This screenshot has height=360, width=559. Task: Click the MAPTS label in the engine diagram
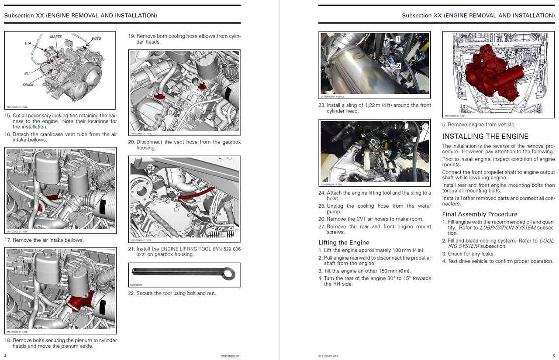(56, 37)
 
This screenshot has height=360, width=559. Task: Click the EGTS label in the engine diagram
(97, 38)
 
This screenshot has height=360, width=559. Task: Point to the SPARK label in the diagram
(28, 85)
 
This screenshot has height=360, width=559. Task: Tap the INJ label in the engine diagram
(27, 73)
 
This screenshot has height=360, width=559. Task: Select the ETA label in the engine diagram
(28, 43)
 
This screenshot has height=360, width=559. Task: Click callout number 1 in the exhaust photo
(397, 39)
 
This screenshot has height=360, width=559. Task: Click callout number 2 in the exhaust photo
(398, 65)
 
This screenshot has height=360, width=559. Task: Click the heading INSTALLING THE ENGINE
(485, 137)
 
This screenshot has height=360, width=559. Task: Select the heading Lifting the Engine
(344, 243)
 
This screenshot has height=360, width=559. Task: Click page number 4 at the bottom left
(5, 356)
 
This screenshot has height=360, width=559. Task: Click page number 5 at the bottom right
(553, 356)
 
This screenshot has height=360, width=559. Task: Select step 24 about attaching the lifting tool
(321, 193)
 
